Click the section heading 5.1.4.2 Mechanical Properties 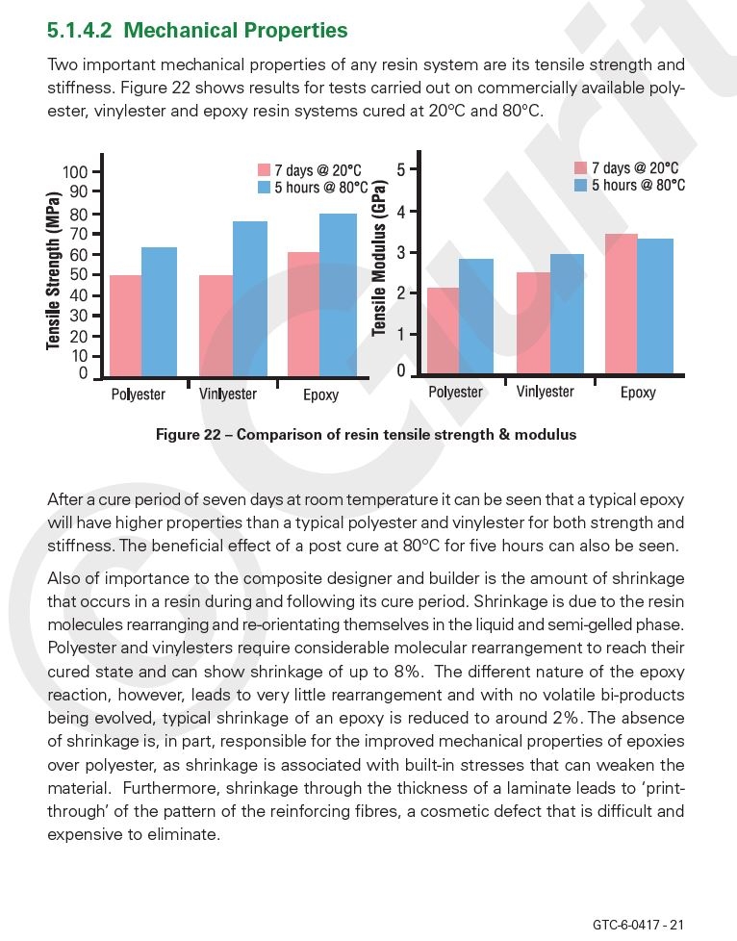(197, 30)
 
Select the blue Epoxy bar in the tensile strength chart (338, 294)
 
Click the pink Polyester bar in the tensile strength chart (125, 326)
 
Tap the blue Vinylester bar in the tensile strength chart (249, 299)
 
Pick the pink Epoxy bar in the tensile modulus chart (622, 304)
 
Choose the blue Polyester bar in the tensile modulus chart (476, 317)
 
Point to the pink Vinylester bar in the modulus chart (534, 323)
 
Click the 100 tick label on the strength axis (75, 172)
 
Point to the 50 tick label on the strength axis (79, 275)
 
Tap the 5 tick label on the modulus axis (401, 170)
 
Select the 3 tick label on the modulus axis (401, 253)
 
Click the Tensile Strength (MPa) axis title (54, 270)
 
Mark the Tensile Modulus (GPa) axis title (378, 258)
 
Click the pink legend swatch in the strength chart (264, 170)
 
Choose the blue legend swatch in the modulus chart (580, 185)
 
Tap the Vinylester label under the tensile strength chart (228, 394)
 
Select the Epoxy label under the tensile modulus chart (638, 393)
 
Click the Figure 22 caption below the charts (367, 435)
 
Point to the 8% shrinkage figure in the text (406, 672)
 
